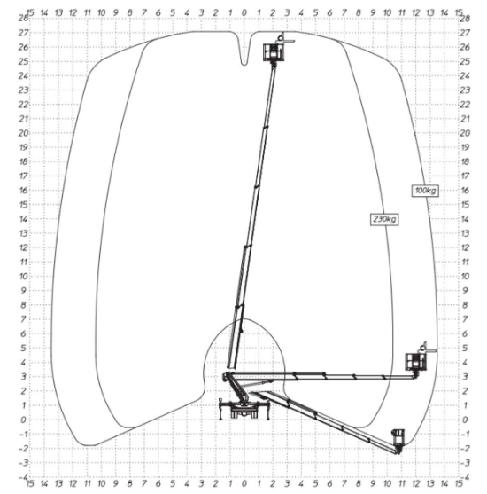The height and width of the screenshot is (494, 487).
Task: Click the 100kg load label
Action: tap(426, 190)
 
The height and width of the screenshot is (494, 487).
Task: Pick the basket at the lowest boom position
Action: tap(398, 437)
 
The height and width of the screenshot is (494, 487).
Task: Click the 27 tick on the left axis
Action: tap(22, 32)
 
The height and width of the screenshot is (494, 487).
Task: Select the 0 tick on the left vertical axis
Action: tap(24, 420)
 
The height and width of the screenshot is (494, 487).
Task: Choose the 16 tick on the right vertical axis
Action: tap(465, 190)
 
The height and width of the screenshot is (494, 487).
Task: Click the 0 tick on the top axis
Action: tap(244, 13)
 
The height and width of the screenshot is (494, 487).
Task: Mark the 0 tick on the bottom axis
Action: tap(244, 485)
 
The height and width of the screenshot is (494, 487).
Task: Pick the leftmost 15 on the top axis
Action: tap(31, 13)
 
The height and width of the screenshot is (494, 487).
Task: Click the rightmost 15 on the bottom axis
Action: tap(458, 485)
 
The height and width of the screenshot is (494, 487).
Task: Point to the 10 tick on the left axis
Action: tap(22, 276)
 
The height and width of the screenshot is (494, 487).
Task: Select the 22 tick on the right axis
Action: tap(465, 104)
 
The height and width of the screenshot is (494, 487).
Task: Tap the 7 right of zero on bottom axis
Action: tap(344, 485)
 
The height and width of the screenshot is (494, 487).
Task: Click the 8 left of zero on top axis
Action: tap(130, 13)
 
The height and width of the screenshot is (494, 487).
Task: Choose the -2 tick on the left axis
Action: tap(22, 448)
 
